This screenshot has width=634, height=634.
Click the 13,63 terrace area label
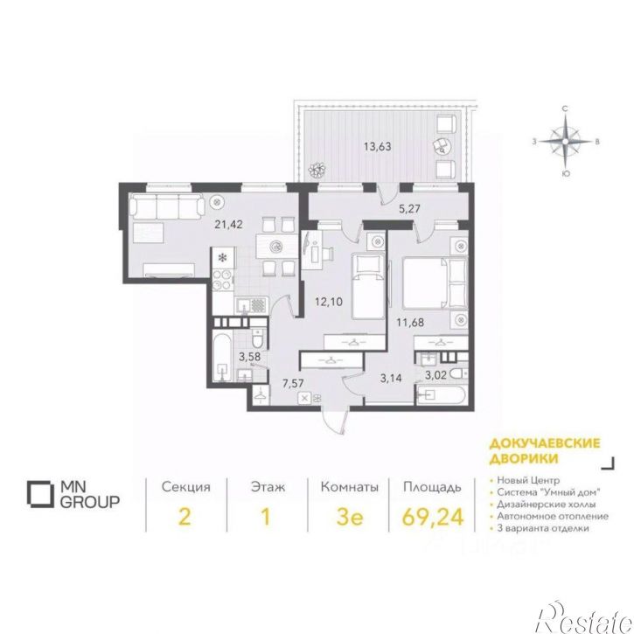[x=377, y=146]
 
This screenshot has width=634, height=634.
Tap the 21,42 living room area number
[x=228, y=224]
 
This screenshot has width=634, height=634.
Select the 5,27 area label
[x=409, y=209]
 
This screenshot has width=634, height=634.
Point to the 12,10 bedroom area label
[x=329, y=302]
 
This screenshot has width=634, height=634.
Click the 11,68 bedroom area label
[x=410, y=323]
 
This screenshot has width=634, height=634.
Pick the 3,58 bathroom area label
[x=249, y=357]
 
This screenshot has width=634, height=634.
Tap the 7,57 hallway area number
[x=293, y=383]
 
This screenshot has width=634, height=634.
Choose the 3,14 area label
[x=391, y=379]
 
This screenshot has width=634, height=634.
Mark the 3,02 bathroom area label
[x=435, y=375]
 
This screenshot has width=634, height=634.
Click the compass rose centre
[x=565, y=141]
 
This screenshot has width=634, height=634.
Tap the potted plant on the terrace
[x=317, y=170]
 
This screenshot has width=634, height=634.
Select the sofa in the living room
[x=166, y=206]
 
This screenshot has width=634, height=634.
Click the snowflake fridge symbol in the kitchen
[x=222, y=257]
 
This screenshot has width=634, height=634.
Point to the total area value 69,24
[x=433, y=517]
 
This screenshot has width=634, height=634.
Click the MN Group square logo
[x=40, y=494]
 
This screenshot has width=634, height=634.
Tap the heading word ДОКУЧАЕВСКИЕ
[x=545, y=443]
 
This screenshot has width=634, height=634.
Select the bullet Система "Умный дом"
[x=548, y=492]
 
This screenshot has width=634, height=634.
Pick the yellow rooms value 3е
[x=349, y=517]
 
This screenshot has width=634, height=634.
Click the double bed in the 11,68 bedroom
[x=435, y=283]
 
